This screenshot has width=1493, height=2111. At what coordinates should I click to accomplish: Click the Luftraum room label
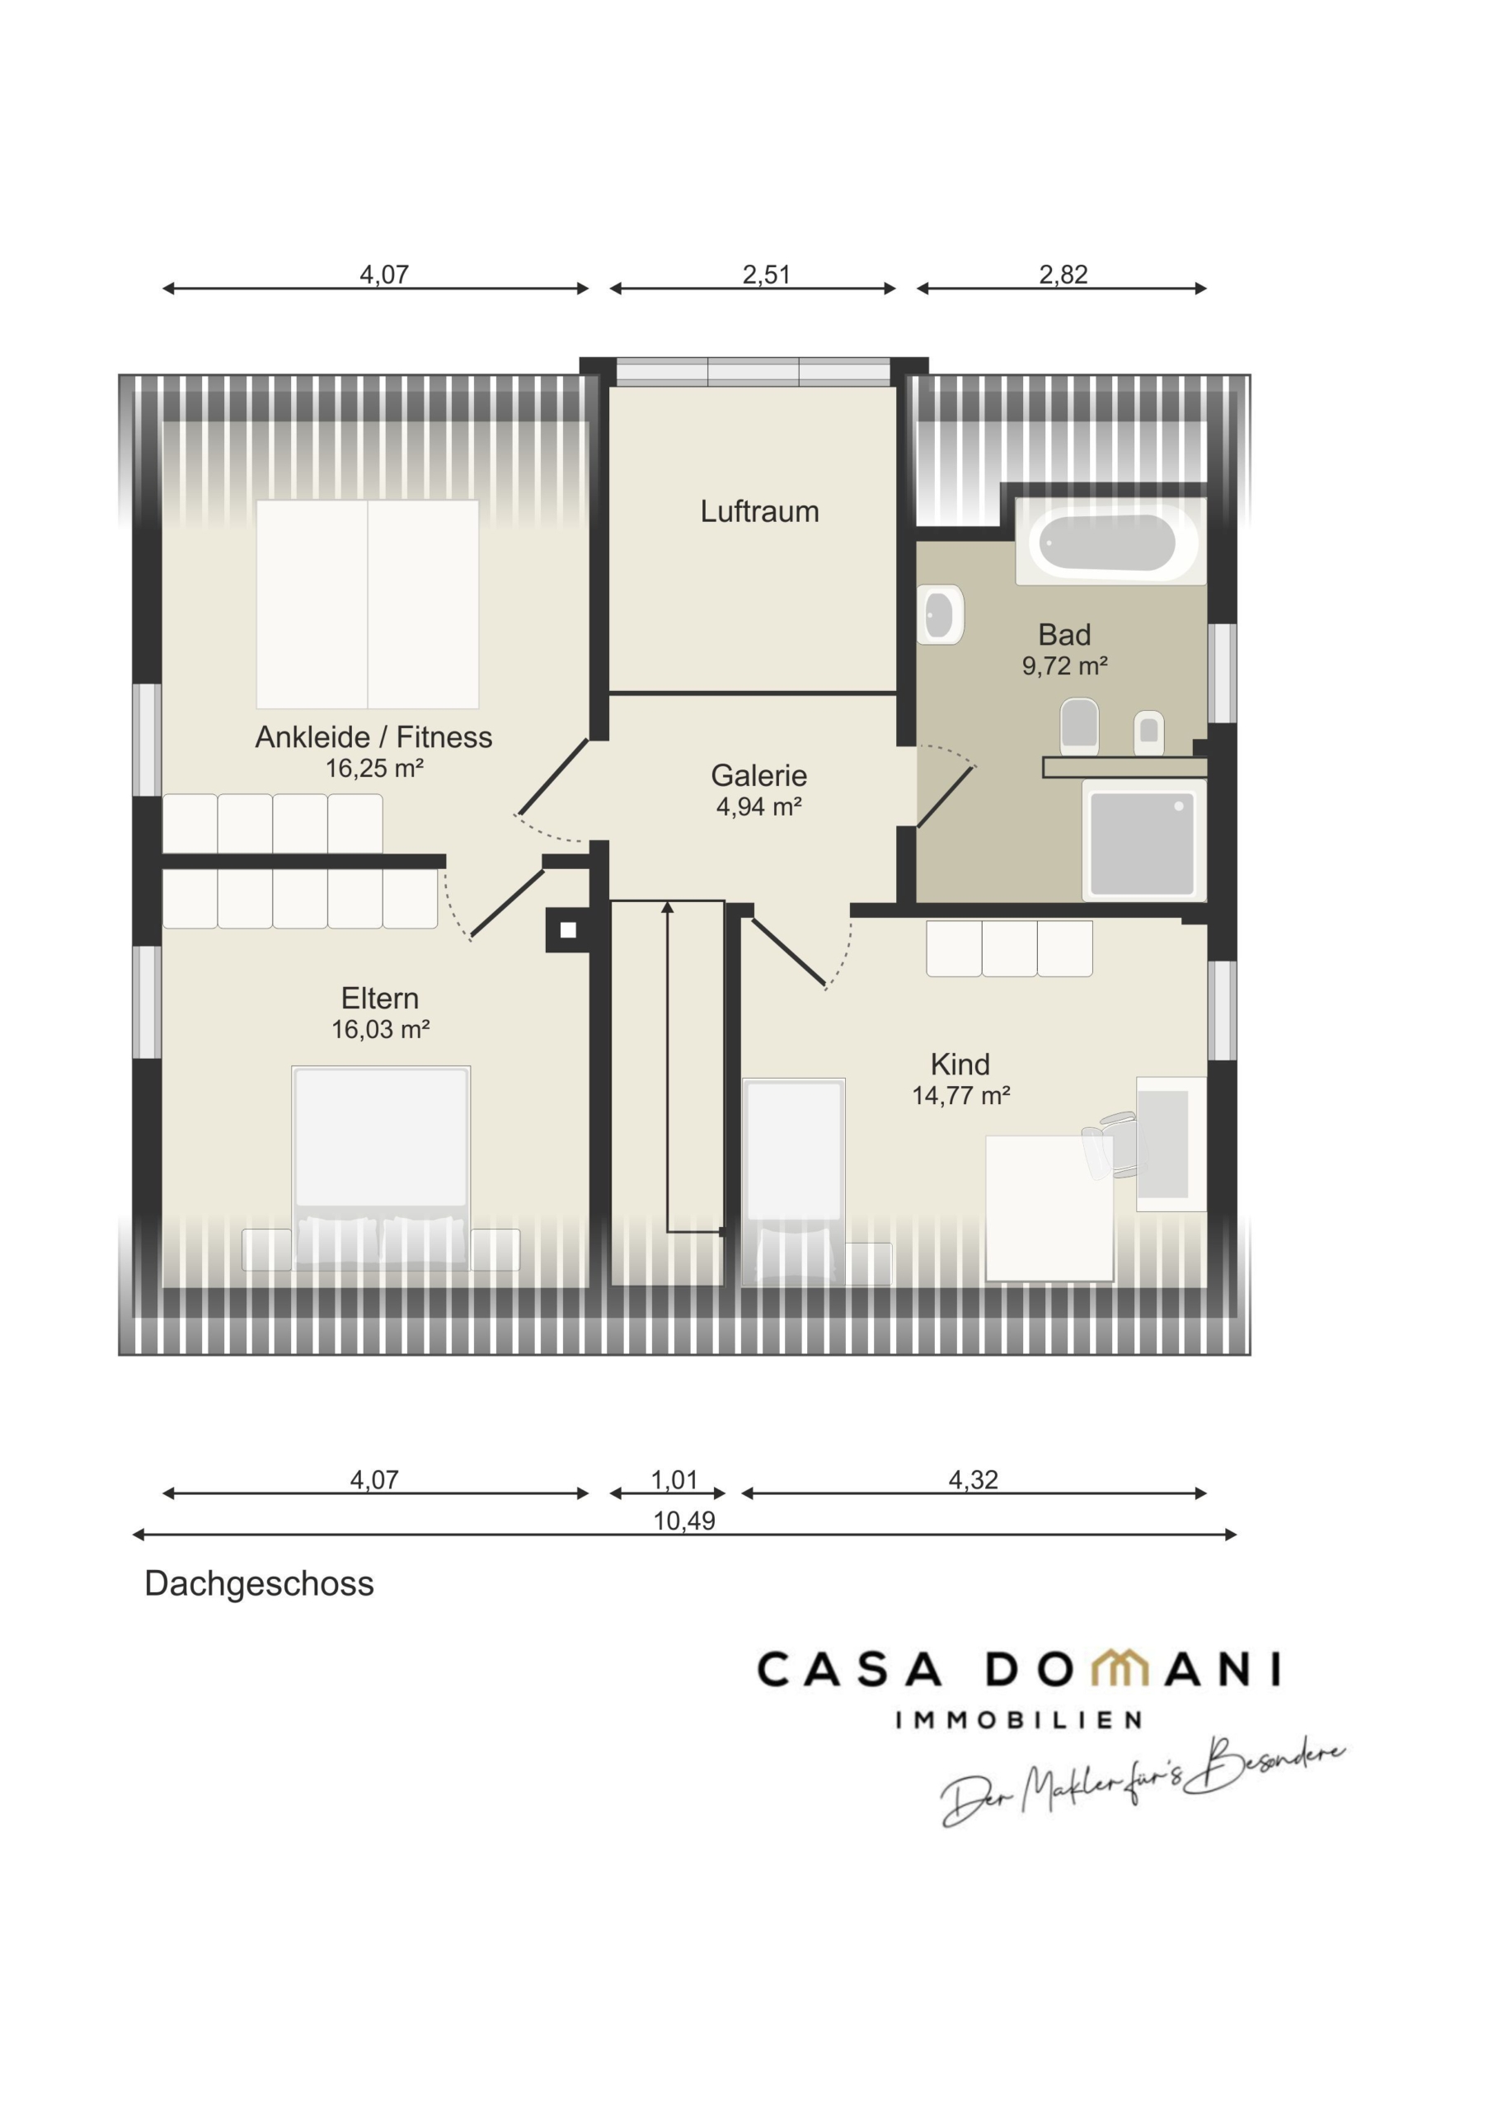[759, 511]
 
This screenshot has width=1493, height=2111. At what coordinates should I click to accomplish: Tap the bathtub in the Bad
[1110, 542]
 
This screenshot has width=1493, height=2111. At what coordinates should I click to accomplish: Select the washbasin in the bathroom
[940, 614]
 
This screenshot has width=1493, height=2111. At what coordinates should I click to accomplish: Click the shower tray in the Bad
[1143, 840]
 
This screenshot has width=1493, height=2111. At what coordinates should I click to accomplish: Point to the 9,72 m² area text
[1064, 665]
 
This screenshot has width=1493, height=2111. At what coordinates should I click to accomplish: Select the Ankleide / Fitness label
[373, 736]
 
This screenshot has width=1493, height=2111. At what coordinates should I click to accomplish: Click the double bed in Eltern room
[381, 1168]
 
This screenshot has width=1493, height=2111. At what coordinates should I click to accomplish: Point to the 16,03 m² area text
[381, 1029]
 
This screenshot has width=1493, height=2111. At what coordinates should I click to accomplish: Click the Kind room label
[960, 1064]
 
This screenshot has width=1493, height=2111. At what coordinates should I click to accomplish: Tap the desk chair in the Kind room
[1110, 1145]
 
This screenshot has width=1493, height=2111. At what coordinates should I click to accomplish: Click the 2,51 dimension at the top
[766, 274]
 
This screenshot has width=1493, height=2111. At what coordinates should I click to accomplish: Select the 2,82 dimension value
[1063, 274]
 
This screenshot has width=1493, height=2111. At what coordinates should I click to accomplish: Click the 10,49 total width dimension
[684, 1521]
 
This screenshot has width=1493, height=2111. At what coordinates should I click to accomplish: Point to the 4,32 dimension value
[973, 1479]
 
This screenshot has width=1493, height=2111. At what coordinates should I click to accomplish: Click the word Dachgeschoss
[259, 1583]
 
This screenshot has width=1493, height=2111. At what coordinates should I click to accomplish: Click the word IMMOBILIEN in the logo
[1019, 1719]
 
